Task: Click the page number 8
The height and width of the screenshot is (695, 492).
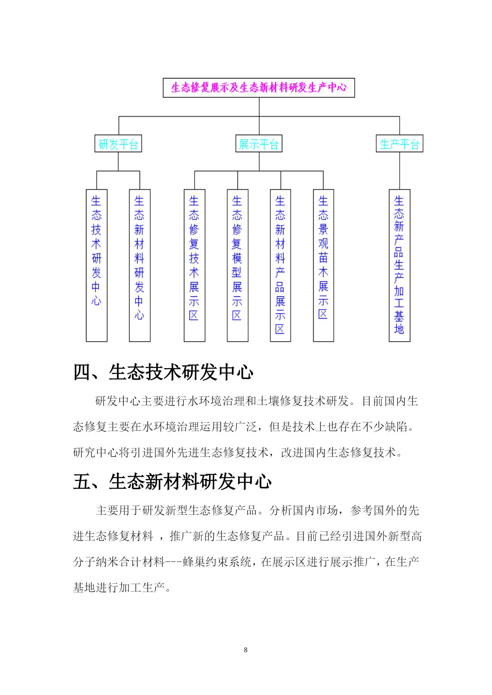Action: (x=246, y=650)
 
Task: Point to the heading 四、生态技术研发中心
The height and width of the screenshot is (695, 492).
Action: (x=163, y=372)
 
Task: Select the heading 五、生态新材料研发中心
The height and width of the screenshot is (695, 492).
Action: (x=172, y=482)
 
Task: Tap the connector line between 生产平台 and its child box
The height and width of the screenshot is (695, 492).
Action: (x=400, y=171)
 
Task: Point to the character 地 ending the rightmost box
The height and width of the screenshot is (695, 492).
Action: (x=399, y=329)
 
